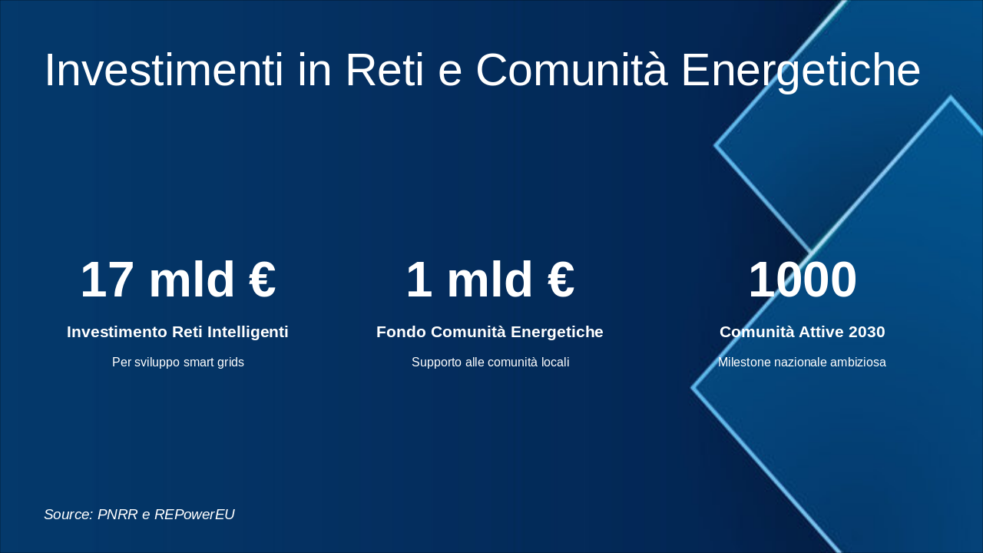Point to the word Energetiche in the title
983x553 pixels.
click(x=800, y=71)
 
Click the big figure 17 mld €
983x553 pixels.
click(x=177, y=280)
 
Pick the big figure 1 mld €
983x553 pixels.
click(x=490, y=280)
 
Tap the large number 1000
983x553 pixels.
click(x=802, y=280)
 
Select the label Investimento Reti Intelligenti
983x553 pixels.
click(x=177, y=332)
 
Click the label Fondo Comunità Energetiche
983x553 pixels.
click(x=490, y=332)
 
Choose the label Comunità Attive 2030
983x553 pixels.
click(x=802, y=332)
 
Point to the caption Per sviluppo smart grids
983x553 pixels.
click(x=177, y=363)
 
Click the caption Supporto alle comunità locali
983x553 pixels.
click(x=490, y=363)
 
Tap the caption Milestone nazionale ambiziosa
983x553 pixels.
click(x=802, y=363)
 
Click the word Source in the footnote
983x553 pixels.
click(x=68, y=515)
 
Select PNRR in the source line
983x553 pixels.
click(x=117, y=515)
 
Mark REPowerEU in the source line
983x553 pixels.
click(x=194, y=515)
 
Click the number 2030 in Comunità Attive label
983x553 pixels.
click(x=866, y=332)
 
